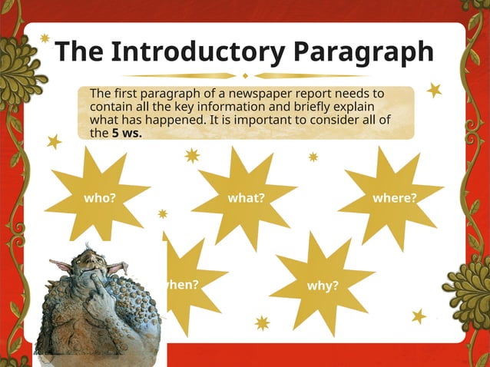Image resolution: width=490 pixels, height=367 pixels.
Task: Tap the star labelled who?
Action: (100, 197)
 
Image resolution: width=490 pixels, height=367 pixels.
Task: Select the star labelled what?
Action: (246, 197)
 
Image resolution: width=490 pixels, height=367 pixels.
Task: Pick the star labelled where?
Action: (394, 197)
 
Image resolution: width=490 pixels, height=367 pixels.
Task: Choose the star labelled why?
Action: (323, 286)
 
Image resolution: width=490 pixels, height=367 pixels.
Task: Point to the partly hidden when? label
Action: (183, 284)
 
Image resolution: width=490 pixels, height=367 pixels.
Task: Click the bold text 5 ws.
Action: (127, 132)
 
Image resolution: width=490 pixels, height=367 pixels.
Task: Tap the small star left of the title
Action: (45, 38)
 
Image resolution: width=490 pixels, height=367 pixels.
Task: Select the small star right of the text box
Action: (435, 90)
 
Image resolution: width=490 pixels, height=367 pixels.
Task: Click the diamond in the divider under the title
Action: (245, 75)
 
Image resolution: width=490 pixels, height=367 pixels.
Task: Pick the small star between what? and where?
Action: (313, 157)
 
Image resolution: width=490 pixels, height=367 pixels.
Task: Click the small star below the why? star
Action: (263, 322)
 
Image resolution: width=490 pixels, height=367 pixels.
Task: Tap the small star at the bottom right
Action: (419, 316)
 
